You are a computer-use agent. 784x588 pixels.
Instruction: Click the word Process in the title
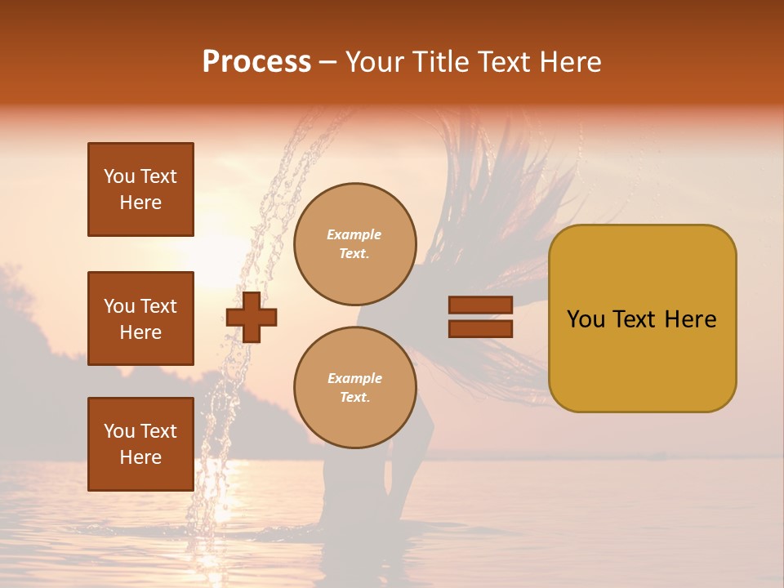pyautogui.click(x=256, y=62)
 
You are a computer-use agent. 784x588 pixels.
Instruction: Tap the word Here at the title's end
pyautogui.click(x=568, y=62)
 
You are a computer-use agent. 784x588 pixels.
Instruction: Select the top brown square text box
pyautogui.click(x=140, y=189)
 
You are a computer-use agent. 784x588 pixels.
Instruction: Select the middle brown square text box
pyautogui.click(x=140, y=318)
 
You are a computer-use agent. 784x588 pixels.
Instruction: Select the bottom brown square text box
pyautogui.click(x=140, y=444)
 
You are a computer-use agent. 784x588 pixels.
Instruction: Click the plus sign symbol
pyautogui.click(x=252, y=317)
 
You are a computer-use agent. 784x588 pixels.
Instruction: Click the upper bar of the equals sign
pyautogui.click(x=480, y=305)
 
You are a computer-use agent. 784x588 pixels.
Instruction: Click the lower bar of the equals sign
pyautogui.click(x=480, y=328)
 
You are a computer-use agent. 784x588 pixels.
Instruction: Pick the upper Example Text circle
pyautogui.click(x=354, y=243)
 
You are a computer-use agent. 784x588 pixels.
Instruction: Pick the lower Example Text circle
pyautogui.click(x=354, y=387)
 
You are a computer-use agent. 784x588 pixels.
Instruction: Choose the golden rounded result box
pyautogui.click(x=642, y=318)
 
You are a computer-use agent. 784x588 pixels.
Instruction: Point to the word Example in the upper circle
pyautogui.click(x=354, y=234)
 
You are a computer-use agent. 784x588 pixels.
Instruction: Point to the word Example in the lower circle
pyautogui.click(x=354, y=378)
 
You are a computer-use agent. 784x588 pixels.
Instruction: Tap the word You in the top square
pyautogui.click(x=118, y=176)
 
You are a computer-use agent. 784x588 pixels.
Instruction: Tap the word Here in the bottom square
pyautogui.click(x=140, y=457)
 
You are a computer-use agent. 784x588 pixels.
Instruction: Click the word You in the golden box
pyautogui.click(x=586, y=319)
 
